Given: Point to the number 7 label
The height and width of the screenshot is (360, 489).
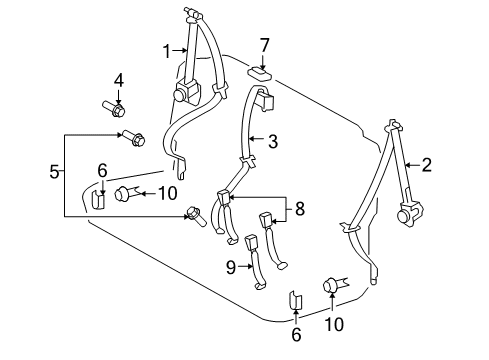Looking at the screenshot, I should pos(266,45).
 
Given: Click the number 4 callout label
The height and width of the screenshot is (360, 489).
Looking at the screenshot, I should pos(118,79).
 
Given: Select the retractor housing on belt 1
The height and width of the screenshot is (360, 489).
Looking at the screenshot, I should pos(183,95).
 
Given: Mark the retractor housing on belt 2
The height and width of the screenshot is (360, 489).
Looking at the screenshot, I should pos(408,213).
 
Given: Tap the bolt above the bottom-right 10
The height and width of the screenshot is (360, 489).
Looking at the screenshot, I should pos(332,287).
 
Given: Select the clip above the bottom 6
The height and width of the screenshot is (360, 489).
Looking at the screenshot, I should pos(295,299).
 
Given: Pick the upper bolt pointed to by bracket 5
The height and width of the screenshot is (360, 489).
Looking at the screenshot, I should pos(132,139).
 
